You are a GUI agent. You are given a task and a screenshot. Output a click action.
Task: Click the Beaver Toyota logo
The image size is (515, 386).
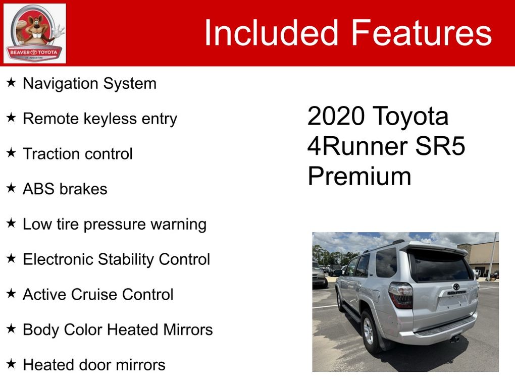[x=34, y=33]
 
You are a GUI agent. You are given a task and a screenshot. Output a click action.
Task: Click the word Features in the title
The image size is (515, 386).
[x=422, y=32]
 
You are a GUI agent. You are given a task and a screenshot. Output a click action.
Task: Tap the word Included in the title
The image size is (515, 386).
[x=271, y=32]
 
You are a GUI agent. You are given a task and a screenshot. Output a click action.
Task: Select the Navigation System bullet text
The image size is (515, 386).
[x=90, y=84]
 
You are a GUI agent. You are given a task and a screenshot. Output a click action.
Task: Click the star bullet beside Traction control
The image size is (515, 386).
[x=11, y=152]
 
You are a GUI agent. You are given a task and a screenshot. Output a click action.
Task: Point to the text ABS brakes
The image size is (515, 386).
[x=65, y=189]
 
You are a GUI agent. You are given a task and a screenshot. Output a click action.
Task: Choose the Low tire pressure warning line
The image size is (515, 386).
[x=115, y=225]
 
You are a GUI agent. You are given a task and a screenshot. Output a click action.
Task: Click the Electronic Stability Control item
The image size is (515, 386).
[x=117, y=259]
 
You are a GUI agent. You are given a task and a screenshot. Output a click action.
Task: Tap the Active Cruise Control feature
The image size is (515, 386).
[x=98, y=295]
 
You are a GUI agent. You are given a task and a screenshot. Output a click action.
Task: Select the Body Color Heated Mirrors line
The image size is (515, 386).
[x=118, y=330]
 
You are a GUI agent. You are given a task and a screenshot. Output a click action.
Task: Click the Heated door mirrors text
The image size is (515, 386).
[x=94, y=365]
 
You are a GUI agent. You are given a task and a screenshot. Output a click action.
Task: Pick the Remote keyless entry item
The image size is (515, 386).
[x=100, y=119]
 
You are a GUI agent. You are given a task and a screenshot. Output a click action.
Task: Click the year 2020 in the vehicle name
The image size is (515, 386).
[x=336, y=116]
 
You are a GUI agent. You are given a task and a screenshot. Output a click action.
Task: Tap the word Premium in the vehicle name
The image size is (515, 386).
[x=359, y=176]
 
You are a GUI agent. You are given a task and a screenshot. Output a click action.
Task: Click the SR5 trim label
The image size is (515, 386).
[x=440, y=146]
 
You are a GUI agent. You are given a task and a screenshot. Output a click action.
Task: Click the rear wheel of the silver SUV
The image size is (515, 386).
[x=369, y=331]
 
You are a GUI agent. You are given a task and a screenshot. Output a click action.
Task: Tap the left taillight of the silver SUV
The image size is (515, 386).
[x=401, y=295]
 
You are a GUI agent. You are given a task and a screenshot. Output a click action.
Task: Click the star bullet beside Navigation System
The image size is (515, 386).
[x=11, y=82]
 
